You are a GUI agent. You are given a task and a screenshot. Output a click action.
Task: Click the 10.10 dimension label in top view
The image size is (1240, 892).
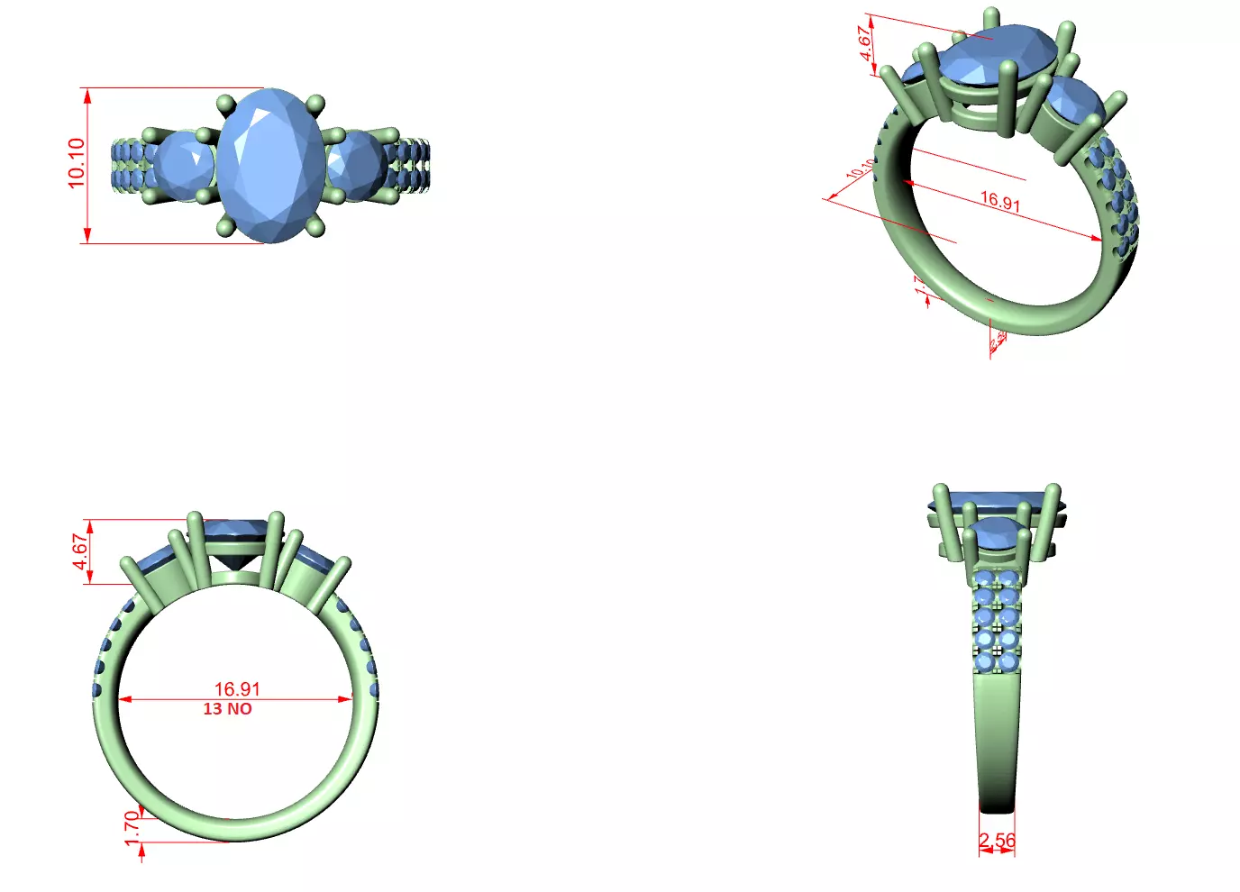[x=77, y=163]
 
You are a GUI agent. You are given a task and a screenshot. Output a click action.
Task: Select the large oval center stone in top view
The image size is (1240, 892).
[x=270, y=165]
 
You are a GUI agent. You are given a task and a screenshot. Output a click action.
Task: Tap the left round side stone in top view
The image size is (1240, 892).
[x=186, y=165]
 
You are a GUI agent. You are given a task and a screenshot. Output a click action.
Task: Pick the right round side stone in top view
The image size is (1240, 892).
[x=355, y=165]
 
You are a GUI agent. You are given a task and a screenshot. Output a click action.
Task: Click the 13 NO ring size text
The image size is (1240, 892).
[x=227, y=709]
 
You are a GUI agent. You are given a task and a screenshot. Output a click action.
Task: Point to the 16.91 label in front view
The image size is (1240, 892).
[x=237, y=689]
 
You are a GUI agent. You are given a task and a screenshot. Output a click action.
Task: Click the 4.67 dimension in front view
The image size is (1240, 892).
[x=81, y=551]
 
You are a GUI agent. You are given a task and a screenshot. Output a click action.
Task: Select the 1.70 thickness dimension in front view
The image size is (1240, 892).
[x=132, y=828]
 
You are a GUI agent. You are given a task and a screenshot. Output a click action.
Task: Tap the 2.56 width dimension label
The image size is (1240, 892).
[x=998, y=840]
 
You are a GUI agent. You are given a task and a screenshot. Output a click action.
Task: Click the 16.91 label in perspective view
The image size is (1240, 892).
[x=1000, y=201]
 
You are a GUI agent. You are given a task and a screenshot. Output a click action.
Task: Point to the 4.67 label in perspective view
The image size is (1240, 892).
[x=866, y=42]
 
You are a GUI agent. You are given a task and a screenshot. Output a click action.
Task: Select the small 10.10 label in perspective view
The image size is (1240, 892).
[x=859, y=169]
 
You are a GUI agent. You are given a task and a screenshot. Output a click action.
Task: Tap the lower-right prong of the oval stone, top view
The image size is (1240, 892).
[x=315, y=228]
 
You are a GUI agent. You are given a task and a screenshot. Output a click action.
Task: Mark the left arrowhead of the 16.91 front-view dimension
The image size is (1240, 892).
[x=124, y=699]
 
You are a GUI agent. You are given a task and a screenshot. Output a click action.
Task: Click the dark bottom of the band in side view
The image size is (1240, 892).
[x=997, y=802]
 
